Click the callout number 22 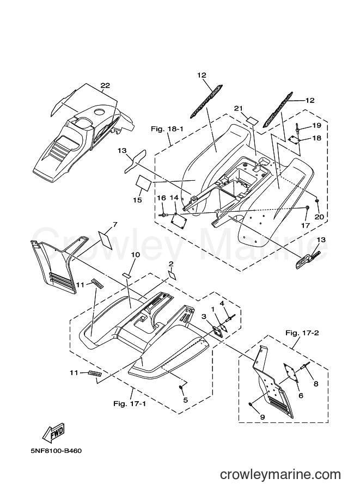click(x=105, y=85)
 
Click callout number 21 click(x=239, y=108)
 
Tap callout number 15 click(x=138, y=200)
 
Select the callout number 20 click(x=319, y=217)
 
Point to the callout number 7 click(x=115, y=224)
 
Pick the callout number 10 click(x=136, y=255)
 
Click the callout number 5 click(x=186, y=400)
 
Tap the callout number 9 click(x=263, y=417)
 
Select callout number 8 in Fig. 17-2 click(x=315, y=384)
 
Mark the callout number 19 click(x=316, y=125)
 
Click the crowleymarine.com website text click(x=280, y=475)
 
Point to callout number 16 click(x=161, y=198)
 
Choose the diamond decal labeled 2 click(x=172, y=274)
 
